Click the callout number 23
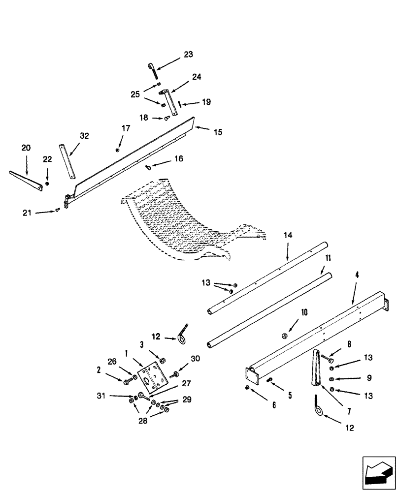[189, 55]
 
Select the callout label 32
[84, 136]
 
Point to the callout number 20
[26, 147]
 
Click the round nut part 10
[284, 336]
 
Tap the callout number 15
[217, 132]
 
